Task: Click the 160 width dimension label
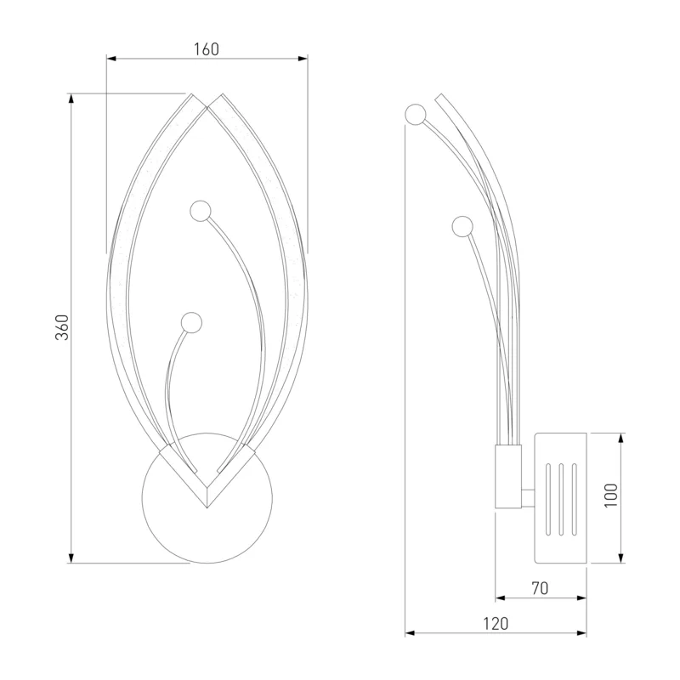[207, 49]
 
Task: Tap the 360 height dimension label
[62, 327]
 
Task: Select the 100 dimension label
[610, 496]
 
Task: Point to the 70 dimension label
[540, 588]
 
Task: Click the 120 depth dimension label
[496, 624]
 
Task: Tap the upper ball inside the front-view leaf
[201, 211]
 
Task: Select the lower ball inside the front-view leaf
[191, 323]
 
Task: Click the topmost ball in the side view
[416, 115]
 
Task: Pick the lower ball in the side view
[462, 226]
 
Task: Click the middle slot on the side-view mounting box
[562, 499]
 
